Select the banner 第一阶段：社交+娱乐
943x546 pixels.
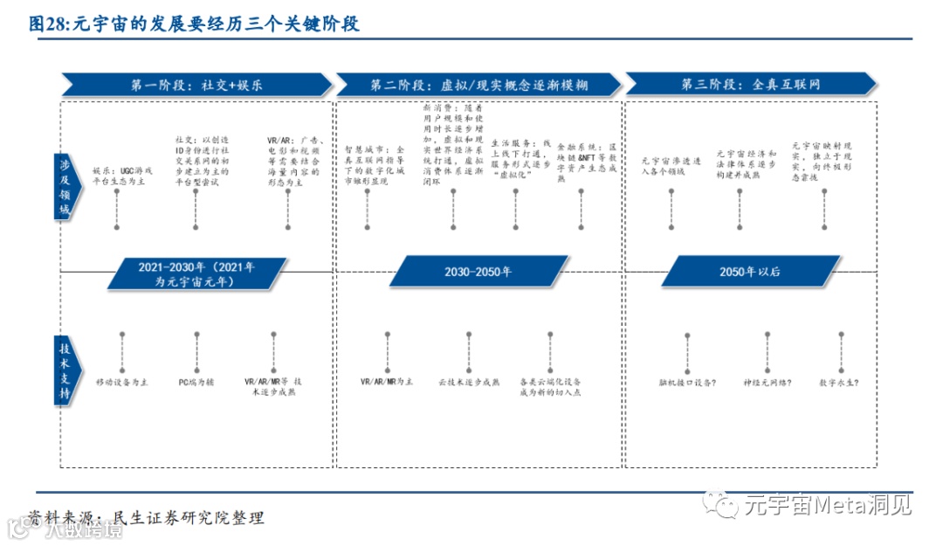pos(196,85)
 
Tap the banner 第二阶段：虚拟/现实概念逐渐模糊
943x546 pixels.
pos(478,85)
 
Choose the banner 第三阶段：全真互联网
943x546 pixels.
pos(751,85)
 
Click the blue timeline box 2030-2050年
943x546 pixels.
pos(478,272)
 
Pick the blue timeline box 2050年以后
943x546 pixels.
pos(750,272)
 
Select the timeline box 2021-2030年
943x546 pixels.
pos(196,273)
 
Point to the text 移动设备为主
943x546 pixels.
pos(122,383)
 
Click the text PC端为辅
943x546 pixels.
pos(196,383)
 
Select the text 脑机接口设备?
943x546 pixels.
pos(689,383)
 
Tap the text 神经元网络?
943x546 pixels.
pos(767,383)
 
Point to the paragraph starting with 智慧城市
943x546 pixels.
pos(374,166)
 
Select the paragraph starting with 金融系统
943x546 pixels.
pos(586,162)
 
